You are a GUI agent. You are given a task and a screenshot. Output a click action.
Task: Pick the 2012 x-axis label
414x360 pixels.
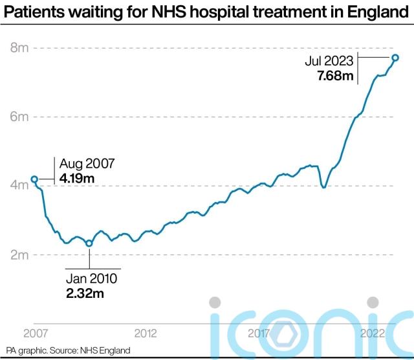(146, 334)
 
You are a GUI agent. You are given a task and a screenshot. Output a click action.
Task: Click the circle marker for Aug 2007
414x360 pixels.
(34, 179)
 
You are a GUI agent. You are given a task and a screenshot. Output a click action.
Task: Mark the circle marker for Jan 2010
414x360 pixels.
(89, 243)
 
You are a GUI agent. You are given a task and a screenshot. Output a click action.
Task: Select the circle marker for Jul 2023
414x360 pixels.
(395, 58)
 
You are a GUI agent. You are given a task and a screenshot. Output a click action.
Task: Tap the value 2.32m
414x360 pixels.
(85, 293)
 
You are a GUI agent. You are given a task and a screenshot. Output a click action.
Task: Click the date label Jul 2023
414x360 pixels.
(329, 62)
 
